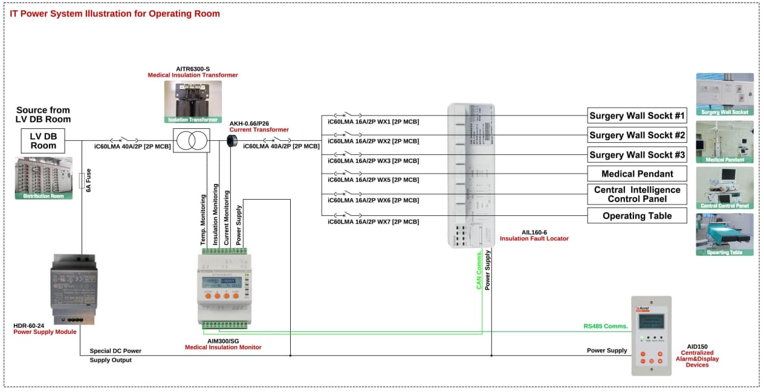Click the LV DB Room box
pyautogui.click(x=43, y=140)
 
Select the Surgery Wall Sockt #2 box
pyautogui.click(x=637, y=135)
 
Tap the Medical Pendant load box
pyautogui.click(x=637, y=174)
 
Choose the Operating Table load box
pyautogui.click(x=637, y=216)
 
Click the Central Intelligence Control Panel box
pyautogui.click(x=637, y=194)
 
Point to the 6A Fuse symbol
pyautogui.click(x=82, y=181)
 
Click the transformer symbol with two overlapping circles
pyautogui.click(x=192, y=141)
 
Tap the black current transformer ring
pyautogui.click(x=231, y=140)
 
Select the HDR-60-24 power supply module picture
pyautogui.click(x=73, y=289)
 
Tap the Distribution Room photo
pyautogui.click(x=44, y=178)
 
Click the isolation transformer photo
pyautogui.click(x=192, y=101)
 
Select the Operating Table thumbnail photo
pyautogui.click(x=724, y=234)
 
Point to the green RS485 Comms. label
pyautogui.click(x=606, y=327)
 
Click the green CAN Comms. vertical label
pyautogui.click(x=479, y=270)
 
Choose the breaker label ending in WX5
pyautogui.click(x=373, y=180)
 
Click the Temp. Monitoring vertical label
pyautogui.click(x=204, y=220)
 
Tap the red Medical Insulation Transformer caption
pyautogui.click(x=193, y=75)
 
